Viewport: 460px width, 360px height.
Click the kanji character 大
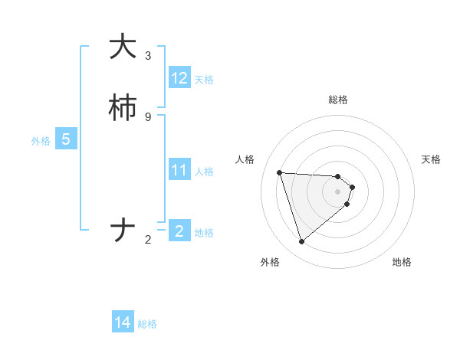pos(123,47)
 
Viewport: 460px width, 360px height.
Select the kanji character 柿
pos(123,109)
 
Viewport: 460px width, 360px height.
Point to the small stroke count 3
pos(148,55)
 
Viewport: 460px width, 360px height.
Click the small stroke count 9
pos(148,116)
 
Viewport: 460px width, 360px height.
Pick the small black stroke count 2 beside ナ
pos(148,241)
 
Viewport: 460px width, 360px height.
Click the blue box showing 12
pos(179,78)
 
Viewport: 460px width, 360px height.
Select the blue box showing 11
pos(179,170)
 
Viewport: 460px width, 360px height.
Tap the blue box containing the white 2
pos(179,231)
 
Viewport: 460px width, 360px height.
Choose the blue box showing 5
pos(66,139)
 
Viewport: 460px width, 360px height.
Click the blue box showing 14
pos(123,323)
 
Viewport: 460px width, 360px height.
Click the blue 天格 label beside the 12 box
pos(204,80)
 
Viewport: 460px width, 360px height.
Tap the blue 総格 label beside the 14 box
pos(147,325)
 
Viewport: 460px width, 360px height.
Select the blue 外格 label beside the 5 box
pos(40,141)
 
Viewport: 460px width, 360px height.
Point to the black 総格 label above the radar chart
pos(338,100)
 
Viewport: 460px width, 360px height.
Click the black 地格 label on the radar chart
pos(402,262)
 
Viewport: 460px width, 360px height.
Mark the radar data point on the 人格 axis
pos(280,172)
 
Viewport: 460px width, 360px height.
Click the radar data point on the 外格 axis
pos(302,242)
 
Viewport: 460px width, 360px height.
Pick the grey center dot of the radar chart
pos(338,191)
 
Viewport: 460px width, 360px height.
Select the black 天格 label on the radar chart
pos(431,159)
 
